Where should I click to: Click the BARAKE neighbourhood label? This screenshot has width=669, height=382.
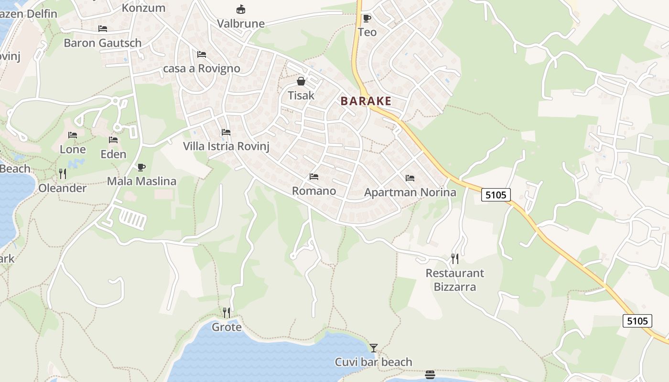pyautogui.click(x=366, y=101)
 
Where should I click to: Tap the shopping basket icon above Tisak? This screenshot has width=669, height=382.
pyautogui.click(x=301, y=81)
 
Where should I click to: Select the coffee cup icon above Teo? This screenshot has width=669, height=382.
pyautogui.click(x=367, y=19)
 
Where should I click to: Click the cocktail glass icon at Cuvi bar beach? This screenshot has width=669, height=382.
pyautogui.click(x=374, y=348)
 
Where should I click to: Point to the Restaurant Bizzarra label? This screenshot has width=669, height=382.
pyautogui.click(x=454, y=280)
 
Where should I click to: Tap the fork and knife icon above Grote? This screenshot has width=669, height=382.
pyautogui.click(x=227, y=313)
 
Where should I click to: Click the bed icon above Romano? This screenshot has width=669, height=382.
pyautogui.click(x=314, y=177)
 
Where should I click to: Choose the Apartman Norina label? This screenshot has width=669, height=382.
pyautogui.click(x=410, y=192)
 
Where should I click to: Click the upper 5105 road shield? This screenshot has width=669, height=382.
pyautogui.click(x=496, y=195)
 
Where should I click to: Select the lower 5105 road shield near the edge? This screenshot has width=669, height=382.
pyautogui.click(x=637, y=321)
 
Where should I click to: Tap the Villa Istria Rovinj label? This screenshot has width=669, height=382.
pyautogui.click(x=226, y=146)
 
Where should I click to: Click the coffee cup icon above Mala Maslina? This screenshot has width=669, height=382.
pyautogui.click(x=141, y=167)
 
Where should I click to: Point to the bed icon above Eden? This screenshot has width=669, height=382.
pyautogui.click(x=113, y=140)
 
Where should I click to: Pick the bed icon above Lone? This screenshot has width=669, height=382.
pyautogui.click(x=73, y=135)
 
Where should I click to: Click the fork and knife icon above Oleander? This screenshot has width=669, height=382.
pyautogui.click(x=62, y=173)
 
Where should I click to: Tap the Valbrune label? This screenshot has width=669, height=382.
pyautogui.click(x=241, y=23)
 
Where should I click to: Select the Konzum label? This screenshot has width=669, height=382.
pyautogui.click(x=143, y=8)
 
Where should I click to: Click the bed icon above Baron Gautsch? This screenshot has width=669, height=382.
pyautogui.click(x=103, y=29)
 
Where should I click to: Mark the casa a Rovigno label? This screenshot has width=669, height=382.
pyautogui.click(x=202, y=68)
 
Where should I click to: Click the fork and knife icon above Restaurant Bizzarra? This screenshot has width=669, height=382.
pyautogui.click(x=455, y=259)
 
